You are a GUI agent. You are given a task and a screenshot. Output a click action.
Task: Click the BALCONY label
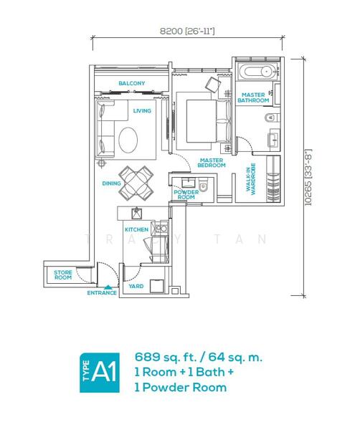(132, 83)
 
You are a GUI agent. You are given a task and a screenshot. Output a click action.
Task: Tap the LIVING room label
(142, 111)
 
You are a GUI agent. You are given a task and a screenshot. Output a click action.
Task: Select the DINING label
(111, 183)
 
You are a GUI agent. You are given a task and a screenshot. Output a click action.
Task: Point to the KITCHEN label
(137, 229)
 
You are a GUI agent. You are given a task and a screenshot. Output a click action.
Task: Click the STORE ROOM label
(63, 275)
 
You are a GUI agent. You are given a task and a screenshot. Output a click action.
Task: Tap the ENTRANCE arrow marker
(109, 287)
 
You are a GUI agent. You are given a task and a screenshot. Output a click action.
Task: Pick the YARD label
(136, 286)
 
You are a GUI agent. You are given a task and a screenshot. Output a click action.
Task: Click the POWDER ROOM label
(186, 195)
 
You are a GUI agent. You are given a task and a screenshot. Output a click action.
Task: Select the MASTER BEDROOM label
(212, 163)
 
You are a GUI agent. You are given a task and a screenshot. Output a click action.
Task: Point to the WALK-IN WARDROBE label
(251, 179)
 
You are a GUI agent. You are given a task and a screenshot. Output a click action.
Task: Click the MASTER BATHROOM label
(253, 97)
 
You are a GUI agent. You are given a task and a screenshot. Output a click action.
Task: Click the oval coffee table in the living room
(128, 140)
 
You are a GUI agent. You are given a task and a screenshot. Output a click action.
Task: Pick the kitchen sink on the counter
(136, 214)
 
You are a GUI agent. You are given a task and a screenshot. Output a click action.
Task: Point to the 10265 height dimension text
(308, 177)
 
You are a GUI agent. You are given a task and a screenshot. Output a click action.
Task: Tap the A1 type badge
(100, 373)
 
